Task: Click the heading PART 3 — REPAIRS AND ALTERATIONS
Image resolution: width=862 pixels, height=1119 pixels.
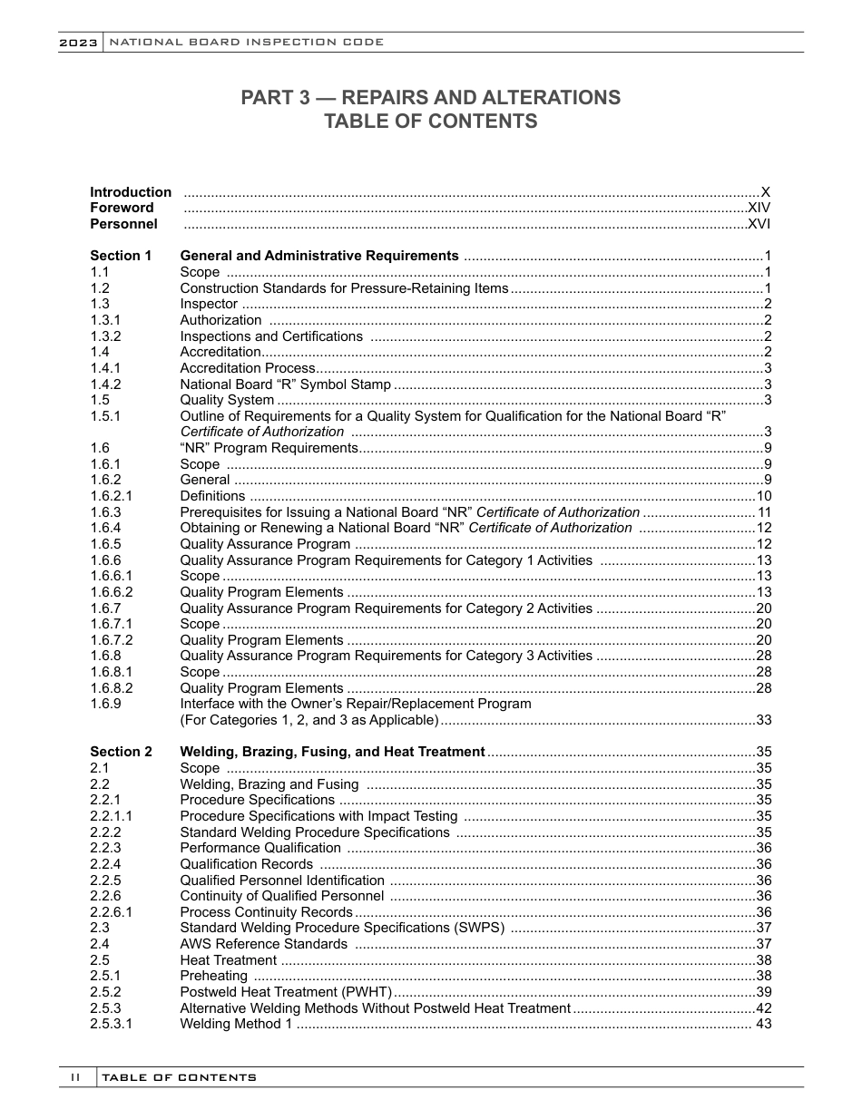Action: (x=430, y=98)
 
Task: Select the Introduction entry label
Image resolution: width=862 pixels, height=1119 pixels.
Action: (x=131, y=192)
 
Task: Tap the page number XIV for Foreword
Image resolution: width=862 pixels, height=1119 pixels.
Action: (x=759, y=208)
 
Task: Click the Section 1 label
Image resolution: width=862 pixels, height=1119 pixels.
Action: (x=121, y=256)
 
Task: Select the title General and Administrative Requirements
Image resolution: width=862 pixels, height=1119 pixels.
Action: (x=319, y=256)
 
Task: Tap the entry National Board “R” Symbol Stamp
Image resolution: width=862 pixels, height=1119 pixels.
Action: (x=286, y=384)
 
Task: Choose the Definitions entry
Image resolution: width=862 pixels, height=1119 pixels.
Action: (x=212, y=496)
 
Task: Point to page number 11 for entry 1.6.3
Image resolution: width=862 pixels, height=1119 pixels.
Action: (x=763, y=512)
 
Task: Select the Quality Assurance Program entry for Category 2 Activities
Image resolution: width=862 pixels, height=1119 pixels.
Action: (x=386, y=608)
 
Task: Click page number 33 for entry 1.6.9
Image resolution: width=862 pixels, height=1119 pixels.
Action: (x=763, y=720)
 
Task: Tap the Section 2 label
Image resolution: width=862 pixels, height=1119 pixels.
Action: (x=121, y=752)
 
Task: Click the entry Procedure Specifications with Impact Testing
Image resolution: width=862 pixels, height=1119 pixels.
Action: (x=318, y=816)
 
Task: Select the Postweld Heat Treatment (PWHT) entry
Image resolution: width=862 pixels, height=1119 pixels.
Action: (x=286, y=992)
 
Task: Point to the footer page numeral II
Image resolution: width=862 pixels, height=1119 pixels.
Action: (x=76, y=1077)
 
